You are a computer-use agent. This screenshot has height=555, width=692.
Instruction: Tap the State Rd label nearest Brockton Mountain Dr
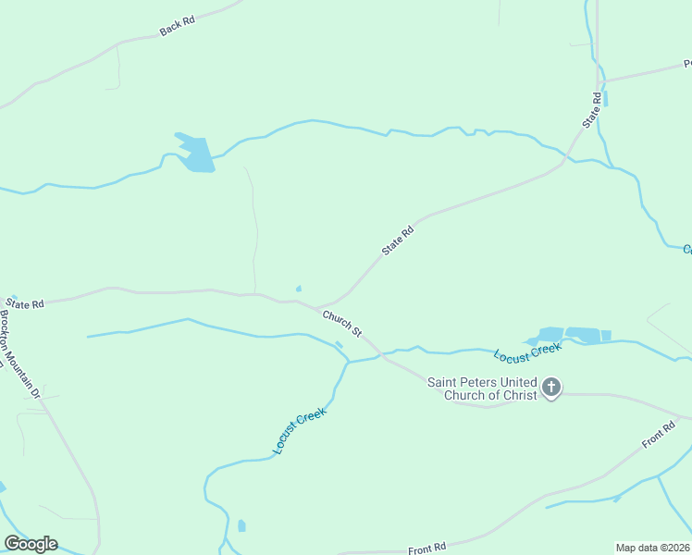(25, 302)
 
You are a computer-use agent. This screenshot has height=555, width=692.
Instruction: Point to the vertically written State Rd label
(591, 110)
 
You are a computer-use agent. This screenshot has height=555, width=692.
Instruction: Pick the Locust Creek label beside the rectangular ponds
(527, 352)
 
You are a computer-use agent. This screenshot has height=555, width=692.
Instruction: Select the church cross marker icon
(551, 388)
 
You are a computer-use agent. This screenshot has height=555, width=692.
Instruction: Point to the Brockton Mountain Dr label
(20, 353)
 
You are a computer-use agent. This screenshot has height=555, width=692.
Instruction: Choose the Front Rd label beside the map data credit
(427, 549)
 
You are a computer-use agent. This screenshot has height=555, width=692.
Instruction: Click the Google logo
(31, 544)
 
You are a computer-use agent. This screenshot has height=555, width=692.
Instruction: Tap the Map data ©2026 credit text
(652, 548)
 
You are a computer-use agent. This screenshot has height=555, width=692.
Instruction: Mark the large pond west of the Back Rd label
(196, 154)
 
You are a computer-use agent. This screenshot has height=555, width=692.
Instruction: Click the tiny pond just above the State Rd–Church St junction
(298, 288)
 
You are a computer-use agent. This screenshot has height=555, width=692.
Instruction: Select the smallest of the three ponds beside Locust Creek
(606, 336)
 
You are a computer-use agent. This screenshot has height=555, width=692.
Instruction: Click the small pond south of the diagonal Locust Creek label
(241, 525)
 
